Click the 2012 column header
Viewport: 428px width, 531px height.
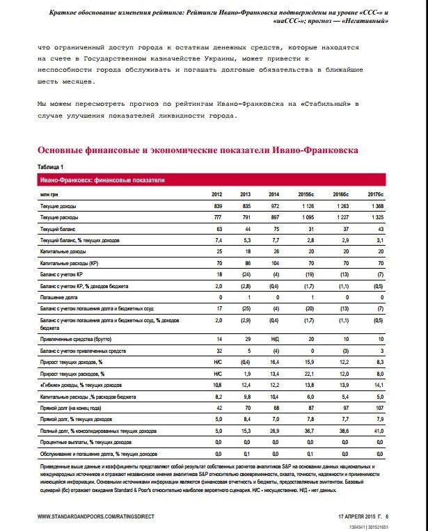pos(216,195)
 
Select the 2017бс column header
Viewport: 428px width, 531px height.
pos(374,195)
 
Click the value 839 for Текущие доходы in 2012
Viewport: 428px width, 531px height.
pos(216,207)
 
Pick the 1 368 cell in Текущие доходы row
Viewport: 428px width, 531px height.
pos(374,207)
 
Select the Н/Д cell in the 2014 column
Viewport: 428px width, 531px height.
pos(276,339)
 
